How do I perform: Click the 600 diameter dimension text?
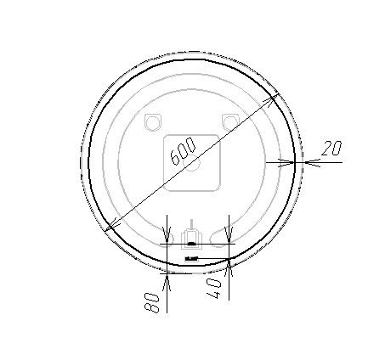pos(183,151)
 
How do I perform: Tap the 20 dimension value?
pos(331,148)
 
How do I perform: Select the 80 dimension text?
pos(152,303)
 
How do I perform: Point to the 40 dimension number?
pos(214,288)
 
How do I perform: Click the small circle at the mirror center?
pos(192,162)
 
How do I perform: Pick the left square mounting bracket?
pos(153,122)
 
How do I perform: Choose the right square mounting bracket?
pos(230,122)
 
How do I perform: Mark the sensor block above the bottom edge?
pos(192,239)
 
